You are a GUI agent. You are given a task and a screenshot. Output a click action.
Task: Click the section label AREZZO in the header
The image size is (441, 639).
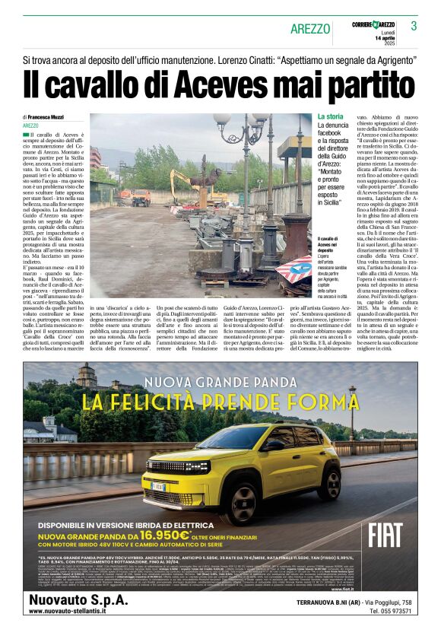click(x=310, y=29)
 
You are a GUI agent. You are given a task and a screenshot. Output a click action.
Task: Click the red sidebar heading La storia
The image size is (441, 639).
click(x=331, y=116)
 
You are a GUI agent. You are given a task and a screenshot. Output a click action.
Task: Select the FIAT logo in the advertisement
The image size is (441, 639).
click(x=385, y=535)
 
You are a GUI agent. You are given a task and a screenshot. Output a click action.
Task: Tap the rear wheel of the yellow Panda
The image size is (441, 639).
click(x=332, y=484)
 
